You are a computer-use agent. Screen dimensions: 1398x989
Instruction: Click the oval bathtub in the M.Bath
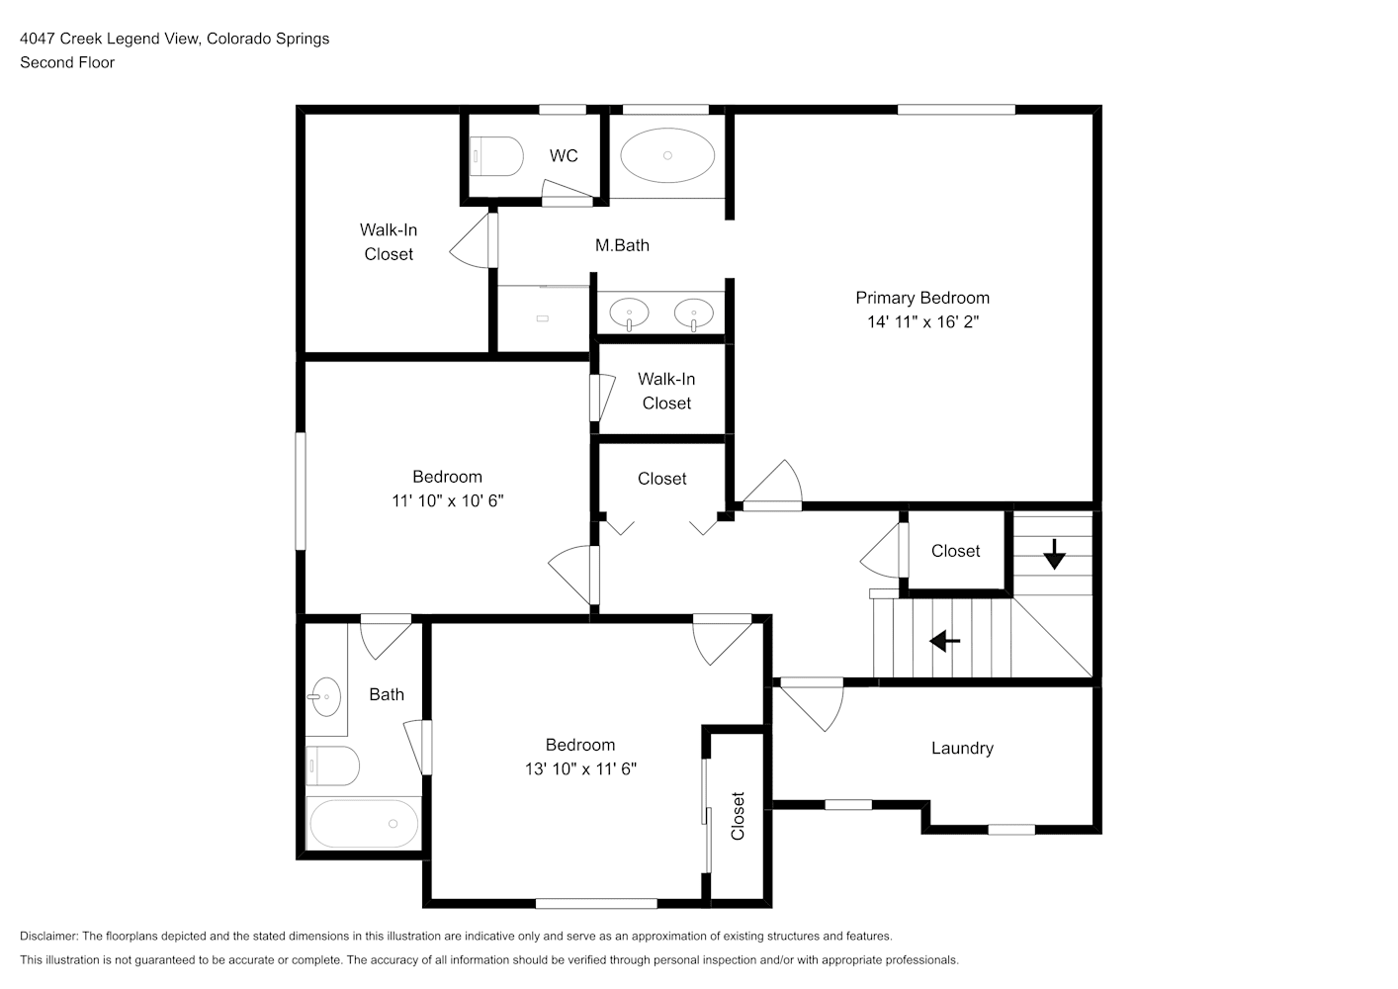pos(667,155)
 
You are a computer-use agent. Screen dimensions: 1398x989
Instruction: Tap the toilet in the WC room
pos(496,156)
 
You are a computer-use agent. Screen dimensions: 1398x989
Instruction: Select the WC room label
pos(564,155)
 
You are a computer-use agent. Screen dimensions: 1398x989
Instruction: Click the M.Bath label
pos(622,245)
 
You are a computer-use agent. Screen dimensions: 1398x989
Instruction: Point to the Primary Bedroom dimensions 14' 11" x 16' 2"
pos(923,321)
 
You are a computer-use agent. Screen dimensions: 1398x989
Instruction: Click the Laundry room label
pos(962,748)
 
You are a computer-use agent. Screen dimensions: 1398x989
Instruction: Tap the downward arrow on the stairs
pos(1054,554)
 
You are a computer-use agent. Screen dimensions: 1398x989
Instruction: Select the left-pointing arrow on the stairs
pos(945,641)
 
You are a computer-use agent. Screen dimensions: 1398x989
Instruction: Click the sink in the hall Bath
pos(324,697)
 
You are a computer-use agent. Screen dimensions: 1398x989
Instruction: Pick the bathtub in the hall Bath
pos(364,824)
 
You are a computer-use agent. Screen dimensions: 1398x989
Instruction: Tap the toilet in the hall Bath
pos(332,765)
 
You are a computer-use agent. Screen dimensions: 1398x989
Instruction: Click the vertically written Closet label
pos(738,816)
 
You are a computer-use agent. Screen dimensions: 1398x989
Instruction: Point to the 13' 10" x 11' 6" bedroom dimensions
pos(580,768)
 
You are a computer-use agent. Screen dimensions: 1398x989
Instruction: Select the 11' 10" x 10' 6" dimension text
pos(448,500)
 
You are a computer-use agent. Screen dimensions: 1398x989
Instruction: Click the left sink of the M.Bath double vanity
pos(629,314)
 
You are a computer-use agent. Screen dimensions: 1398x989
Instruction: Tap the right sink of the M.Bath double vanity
pos(694,314)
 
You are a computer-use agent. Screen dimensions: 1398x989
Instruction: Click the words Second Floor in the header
pos(67,62)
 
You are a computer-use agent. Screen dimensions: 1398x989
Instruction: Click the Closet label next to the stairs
pos(955,551)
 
